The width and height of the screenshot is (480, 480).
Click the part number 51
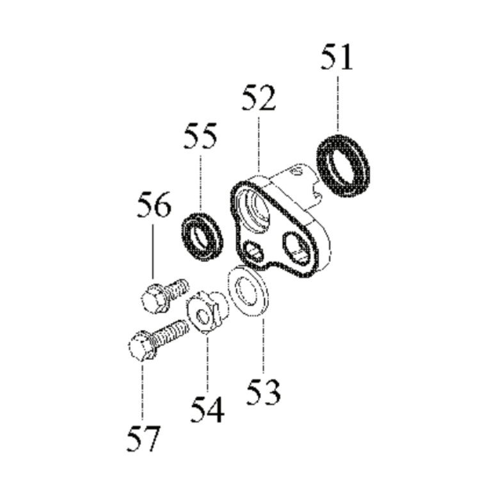click(x=337, y=58)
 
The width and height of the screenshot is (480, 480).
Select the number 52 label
click(x=259, y=99)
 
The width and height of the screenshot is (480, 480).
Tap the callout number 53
click(x=264, y=391)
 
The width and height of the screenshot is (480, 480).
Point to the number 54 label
click(x=207, y=410)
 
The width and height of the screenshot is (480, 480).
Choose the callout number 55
click(x=200, y=137)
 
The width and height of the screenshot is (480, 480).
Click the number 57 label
click(x=143, y=440)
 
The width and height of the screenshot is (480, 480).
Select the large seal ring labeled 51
click(x=343, y=164)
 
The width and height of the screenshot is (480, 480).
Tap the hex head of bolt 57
click(x=140, y=348)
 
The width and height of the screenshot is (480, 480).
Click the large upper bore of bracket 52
click(x=256, y=209)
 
